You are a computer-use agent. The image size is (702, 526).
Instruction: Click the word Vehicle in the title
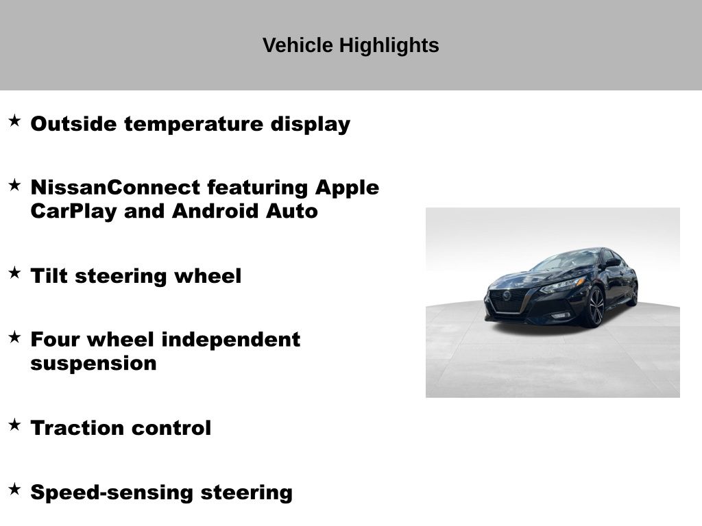(298, 45)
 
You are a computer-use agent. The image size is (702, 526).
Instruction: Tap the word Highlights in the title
(389, 46)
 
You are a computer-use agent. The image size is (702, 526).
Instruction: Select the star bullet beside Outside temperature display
(15, 121)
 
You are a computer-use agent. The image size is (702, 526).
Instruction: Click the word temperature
(194, 125)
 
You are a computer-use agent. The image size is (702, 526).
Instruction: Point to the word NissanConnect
(115, 188)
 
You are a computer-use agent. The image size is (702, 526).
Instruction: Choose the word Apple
(347, 188)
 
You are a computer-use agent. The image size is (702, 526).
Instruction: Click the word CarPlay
(74, 212)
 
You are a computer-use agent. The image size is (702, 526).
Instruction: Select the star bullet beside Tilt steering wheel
(15, 273)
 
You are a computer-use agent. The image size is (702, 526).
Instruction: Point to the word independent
(230, 340)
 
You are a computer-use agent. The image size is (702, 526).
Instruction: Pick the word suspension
(93, 364)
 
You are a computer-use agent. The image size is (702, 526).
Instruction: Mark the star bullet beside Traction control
(15, 425)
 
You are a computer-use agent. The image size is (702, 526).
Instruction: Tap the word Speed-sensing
(112, 493)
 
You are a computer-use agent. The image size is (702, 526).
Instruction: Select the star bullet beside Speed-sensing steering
(15, 489)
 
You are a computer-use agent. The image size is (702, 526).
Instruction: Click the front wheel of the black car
(594, 307)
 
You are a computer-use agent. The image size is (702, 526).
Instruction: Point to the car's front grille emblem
(507, 296)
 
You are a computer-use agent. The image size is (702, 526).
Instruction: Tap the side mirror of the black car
(612, 262)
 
